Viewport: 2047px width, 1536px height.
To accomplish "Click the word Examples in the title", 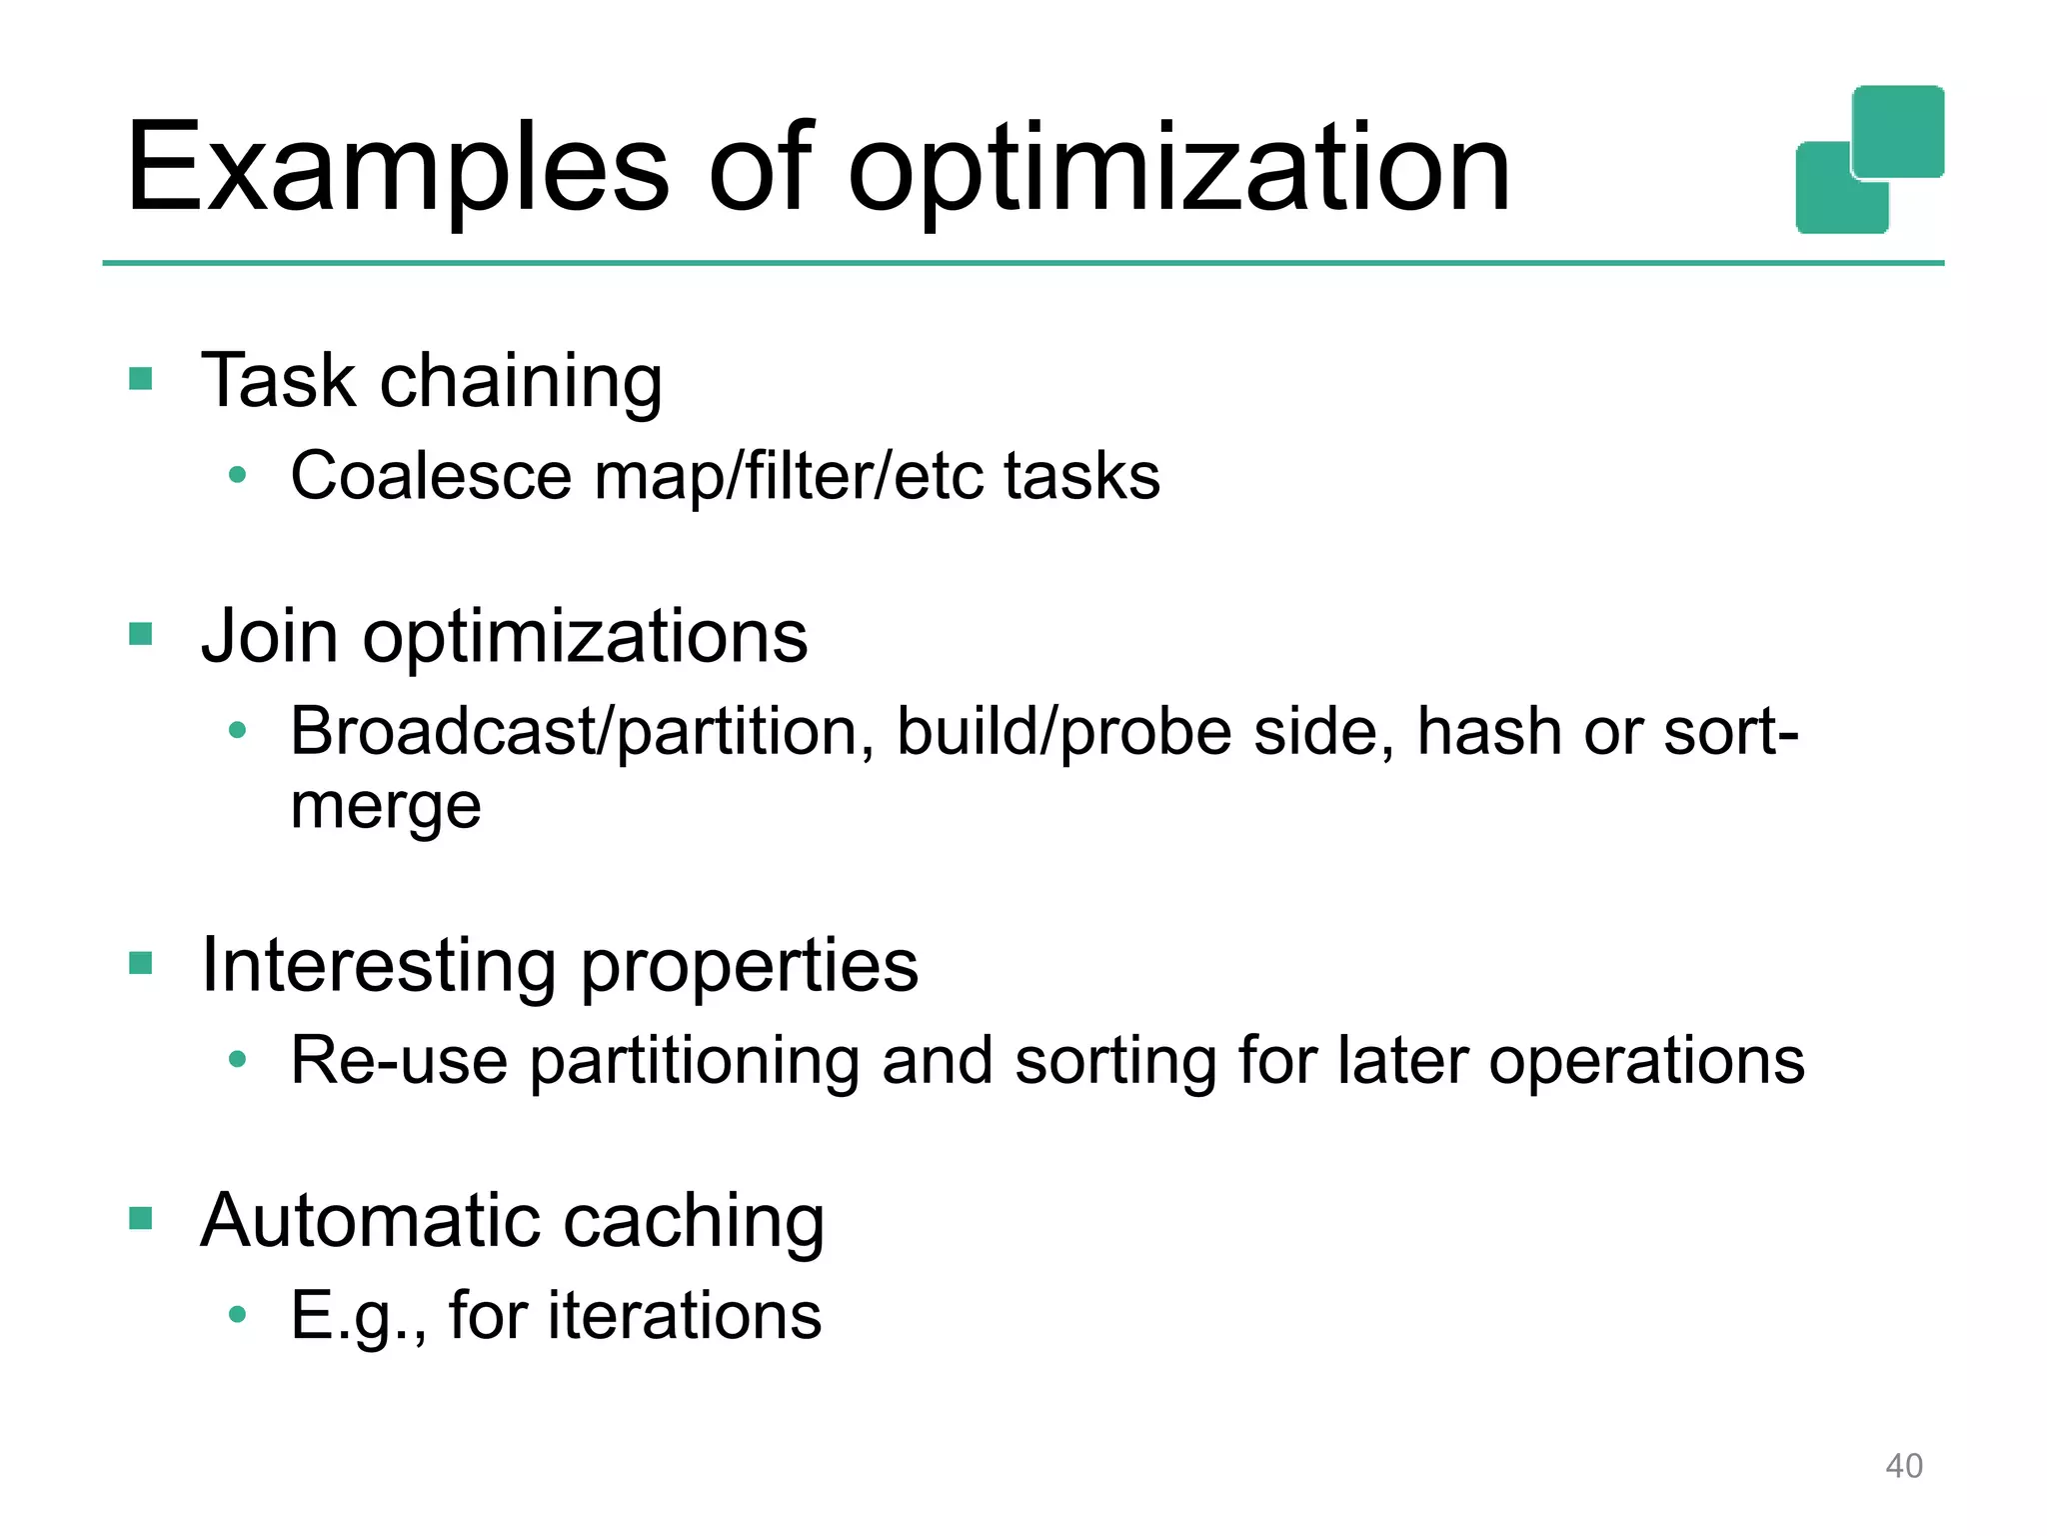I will [397, 170].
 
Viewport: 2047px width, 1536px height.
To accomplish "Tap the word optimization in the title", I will [1179, 170].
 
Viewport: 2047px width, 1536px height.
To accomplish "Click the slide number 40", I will [1903, 1466].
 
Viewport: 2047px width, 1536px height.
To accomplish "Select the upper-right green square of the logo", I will [1897, 131].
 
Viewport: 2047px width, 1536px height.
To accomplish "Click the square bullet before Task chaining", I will [141, 379].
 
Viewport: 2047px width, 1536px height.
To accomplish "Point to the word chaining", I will [521, 383].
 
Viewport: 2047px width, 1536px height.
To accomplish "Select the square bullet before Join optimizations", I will [141, 634].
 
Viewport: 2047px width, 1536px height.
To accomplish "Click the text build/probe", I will [1064, 732].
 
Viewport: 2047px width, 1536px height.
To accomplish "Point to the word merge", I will [386, 806].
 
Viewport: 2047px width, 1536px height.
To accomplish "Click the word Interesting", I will [378, 966].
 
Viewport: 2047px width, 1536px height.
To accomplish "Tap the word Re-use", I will [399, 1061].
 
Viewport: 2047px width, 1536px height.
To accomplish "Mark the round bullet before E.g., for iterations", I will [237, 1314].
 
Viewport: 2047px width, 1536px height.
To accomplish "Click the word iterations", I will [685, 1315].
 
